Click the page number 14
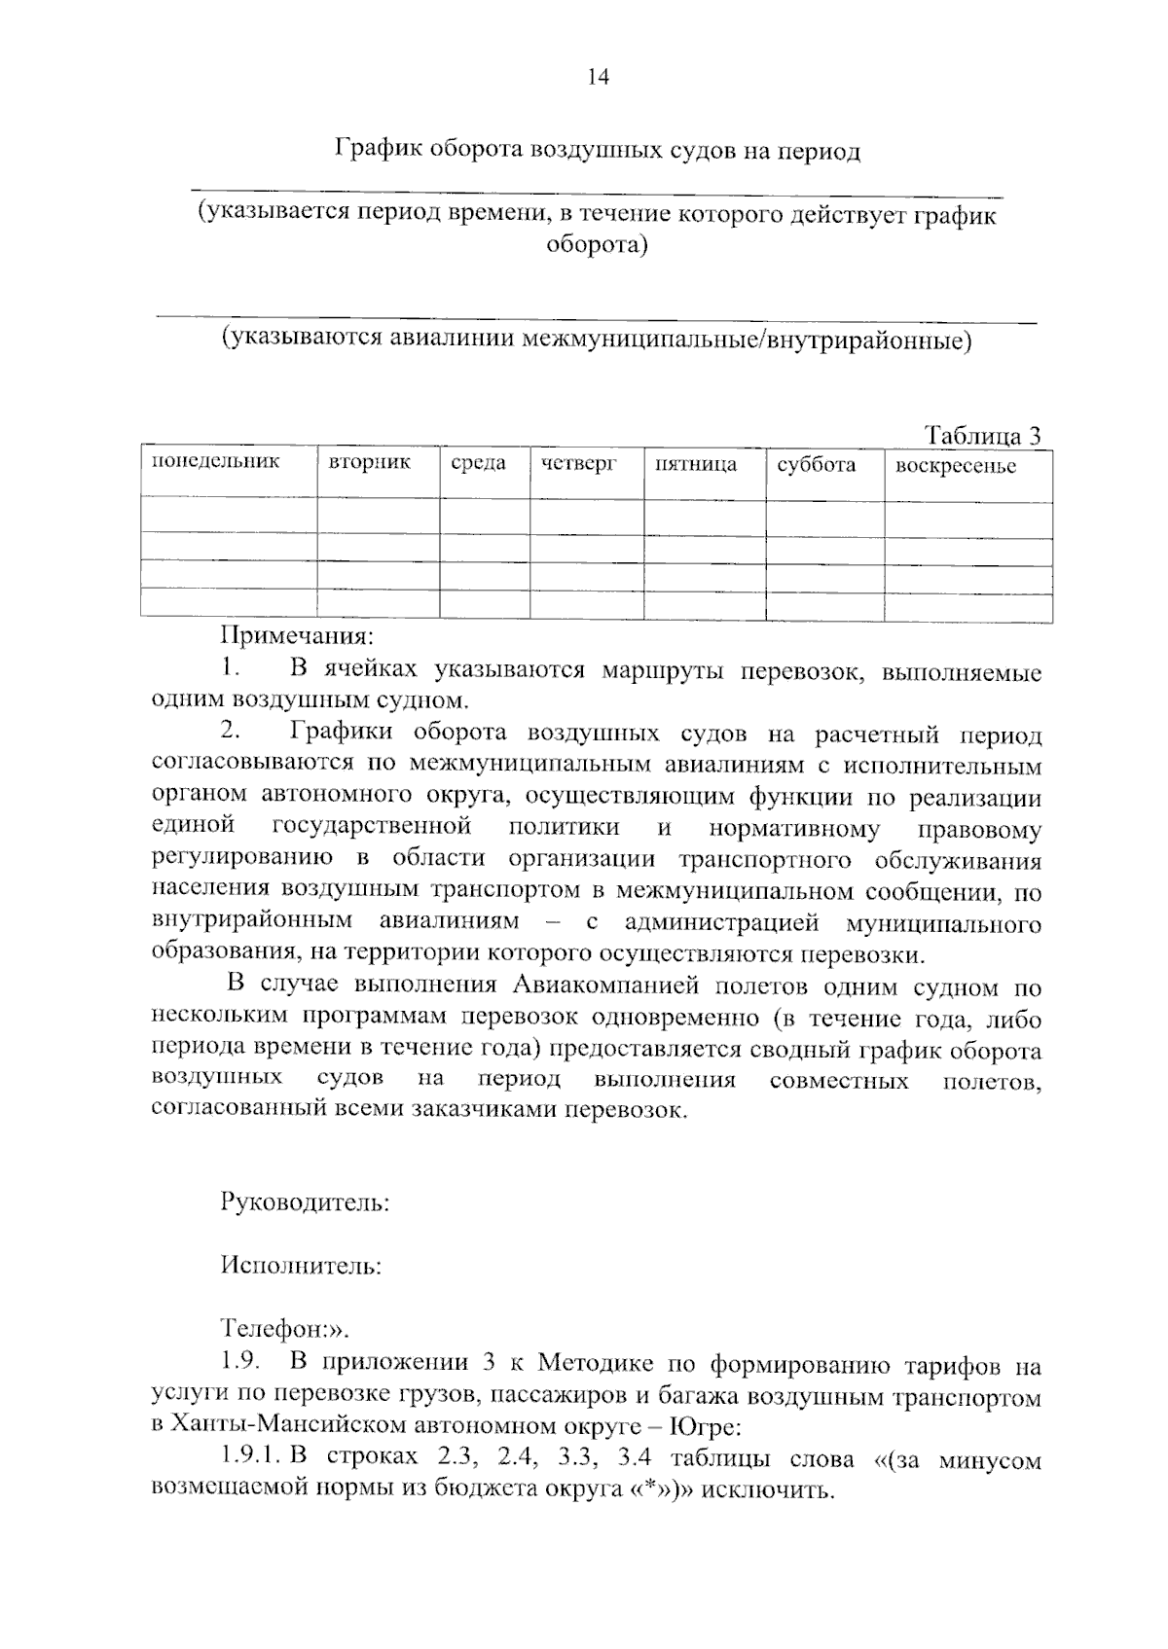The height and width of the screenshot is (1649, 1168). (x=598, y=79)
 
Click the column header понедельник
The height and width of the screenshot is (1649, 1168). (x=215, y=461)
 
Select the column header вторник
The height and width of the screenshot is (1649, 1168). (x=370, y=462)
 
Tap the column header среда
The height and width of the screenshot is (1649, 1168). (x=479, y=463)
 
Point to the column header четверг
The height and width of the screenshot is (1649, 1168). (x=579, y=464)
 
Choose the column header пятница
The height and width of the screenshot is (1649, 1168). (x=696, y=464)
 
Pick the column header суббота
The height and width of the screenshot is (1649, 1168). (x=817, y=464)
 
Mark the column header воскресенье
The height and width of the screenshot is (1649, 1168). (x=955, y=465)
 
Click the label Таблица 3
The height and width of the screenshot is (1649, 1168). (x=982, y=435)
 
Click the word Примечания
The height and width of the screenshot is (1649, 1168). (x=297, y=637)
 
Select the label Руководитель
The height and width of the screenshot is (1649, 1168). (x=305, y=1202)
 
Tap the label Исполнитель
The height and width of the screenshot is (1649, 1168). (x=301, y=1266)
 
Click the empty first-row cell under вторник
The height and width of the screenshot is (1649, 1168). (x=378, y=516)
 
